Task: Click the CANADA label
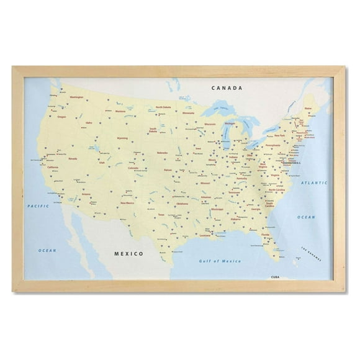point(226,88)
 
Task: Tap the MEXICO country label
point(129,253)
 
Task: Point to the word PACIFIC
point(38,205)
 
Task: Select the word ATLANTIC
point(313,183)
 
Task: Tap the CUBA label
point(276,277)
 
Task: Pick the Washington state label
point(76,97)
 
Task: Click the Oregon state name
point(61,116)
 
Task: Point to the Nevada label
point(73,158)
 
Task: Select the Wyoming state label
point(122,139)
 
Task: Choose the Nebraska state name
point(163,152)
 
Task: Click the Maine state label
point(308,109)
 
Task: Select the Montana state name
point(120,112)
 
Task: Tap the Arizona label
point(87,194)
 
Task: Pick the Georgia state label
point(256,209)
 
